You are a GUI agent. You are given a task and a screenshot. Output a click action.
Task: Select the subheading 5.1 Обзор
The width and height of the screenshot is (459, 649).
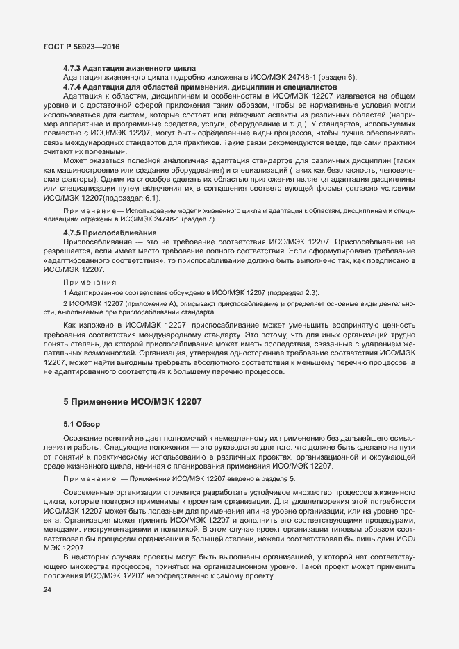[x=83, y=423]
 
